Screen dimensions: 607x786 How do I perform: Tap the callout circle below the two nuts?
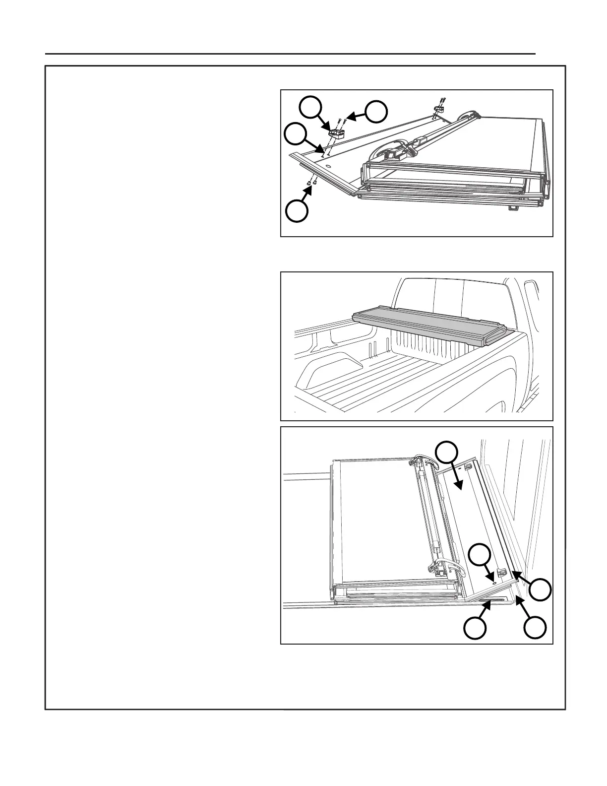tap(297, 210)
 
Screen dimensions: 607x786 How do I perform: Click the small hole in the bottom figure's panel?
tap(494, 582)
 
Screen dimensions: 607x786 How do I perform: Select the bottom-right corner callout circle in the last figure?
tap(536, 628)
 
